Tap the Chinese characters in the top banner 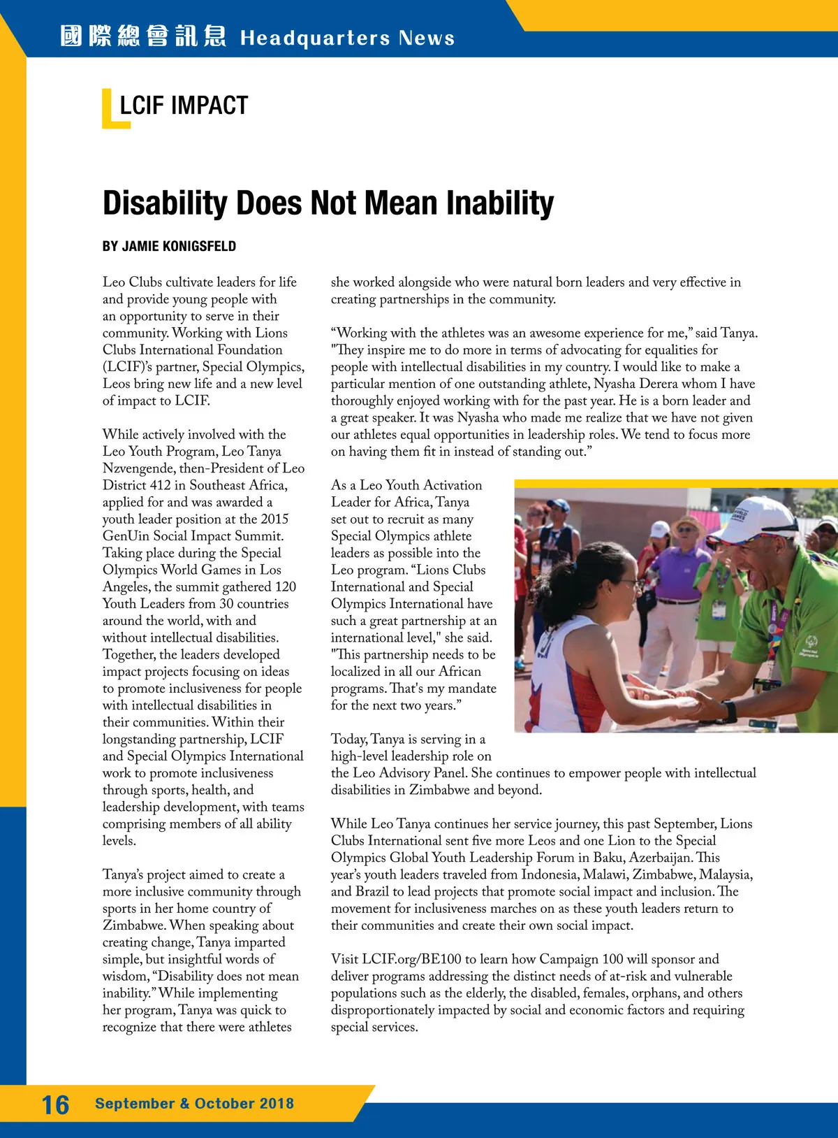coord(143,36)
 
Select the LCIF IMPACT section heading coord(184,106)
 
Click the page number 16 coord(55,1104)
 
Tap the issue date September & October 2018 coord(194,1104)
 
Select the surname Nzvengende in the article coord(138,468)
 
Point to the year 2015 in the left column coord(274,519)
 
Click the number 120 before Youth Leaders coord(285,586)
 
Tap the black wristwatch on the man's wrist coord(729,711)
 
